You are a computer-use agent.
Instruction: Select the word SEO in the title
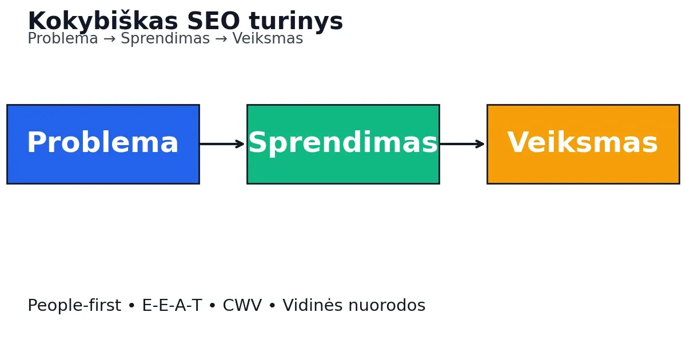213,21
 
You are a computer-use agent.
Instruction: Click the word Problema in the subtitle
63,39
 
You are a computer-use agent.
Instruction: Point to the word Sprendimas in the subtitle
165,39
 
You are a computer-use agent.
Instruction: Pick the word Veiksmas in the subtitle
268,39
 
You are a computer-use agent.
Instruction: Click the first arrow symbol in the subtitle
110,39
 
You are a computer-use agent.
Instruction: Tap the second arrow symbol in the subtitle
221,39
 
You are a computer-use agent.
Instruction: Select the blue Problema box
103,144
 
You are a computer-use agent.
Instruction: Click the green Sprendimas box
344,144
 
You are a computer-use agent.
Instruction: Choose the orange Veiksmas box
584,144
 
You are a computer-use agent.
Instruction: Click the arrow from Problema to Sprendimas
222,144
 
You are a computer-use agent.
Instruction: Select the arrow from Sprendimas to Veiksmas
462,144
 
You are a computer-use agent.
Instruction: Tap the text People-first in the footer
74,305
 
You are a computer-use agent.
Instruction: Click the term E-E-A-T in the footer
172,305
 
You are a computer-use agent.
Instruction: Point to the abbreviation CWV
242,305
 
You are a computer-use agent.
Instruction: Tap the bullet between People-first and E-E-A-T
131,306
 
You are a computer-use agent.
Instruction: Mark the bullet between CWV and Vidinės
272,306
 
